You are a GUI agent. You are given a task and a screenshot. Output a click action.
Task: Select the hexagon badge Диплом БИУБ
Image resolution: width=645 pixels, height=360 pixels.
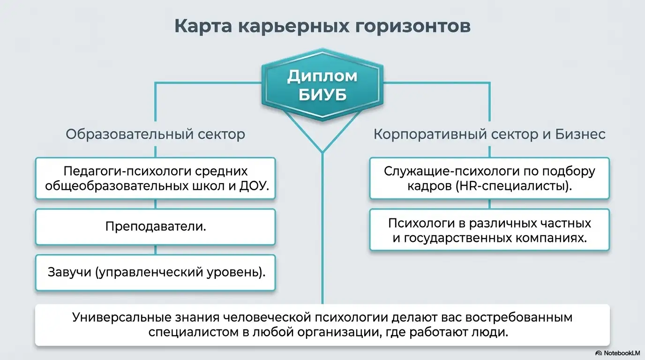click(322, 85)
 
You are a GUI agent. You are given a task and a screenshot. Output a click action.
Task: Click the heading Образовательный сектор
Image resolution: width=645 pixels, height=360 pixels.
click(155, 134)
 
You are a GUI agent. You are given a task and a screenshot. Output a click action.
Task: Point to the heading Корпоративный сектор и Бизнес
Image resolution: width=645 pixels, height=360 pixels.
click(489, 134)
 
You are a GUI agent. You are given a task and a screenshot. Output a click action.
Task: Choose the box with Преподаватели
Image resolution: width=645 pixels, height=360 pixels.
click(155, 227)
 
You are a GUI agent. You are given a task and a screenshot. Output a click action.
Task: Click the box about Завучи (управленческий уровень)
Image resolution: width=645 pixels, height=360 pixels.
click(155, 272)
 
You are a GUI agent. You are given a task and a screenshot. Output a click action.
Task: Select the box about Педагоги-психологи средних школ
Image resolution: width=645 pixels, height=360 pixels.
click(155, 178)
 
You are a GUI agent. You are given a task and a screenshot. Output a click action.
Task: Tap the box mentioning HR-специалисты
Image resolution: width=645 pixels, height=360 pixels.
click(489, 178)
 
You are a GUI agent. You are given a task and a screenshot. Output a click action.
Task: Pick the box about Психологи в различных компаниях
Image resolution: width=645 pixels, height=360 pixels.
click(489, 230)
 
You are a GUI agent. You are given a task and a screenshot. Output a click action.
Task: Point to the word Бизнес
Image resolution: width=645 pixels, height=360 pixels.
click(580, 134)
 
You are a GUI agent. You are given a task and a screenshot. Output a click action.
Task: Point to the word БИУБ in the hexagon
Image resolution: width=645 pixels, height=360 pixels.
click(322, 95)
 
